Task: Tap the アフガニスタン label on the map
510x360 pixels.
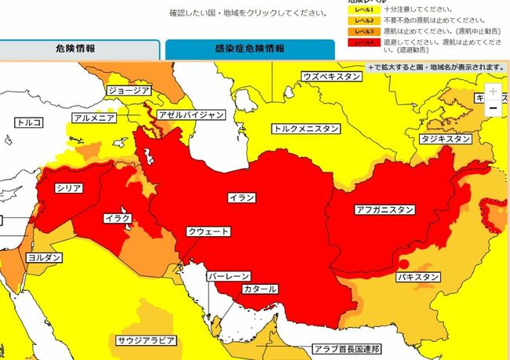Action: (384, 209)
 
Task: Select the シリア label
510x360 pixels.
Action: (69, 189)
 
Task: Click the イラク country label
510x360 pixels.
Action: (115, 217)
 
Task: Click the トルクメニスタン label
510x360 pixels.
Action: (306, 128)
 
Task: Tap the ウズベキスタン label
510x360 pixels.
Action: (333, 76)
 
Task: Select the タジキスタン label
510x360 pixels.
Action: (446, 139)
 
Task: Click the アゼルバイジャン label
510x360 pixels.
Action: (191, 115)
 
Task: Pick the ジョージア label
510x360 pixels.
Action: (129, 90)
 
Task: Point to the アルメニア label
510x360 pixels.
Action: (94, 118)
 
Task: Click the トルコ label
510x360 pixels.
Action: (29, 122)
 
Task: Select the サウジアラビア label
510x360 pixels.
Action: (146, 340)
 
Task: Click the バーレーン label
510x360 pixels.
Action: (228, 277)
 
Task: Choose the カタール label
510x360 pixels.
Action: (260, 289)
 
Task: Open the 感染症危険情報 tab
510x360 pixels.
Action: (249, 48)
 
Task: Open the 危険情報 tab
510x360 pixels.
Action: (81, 48)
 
